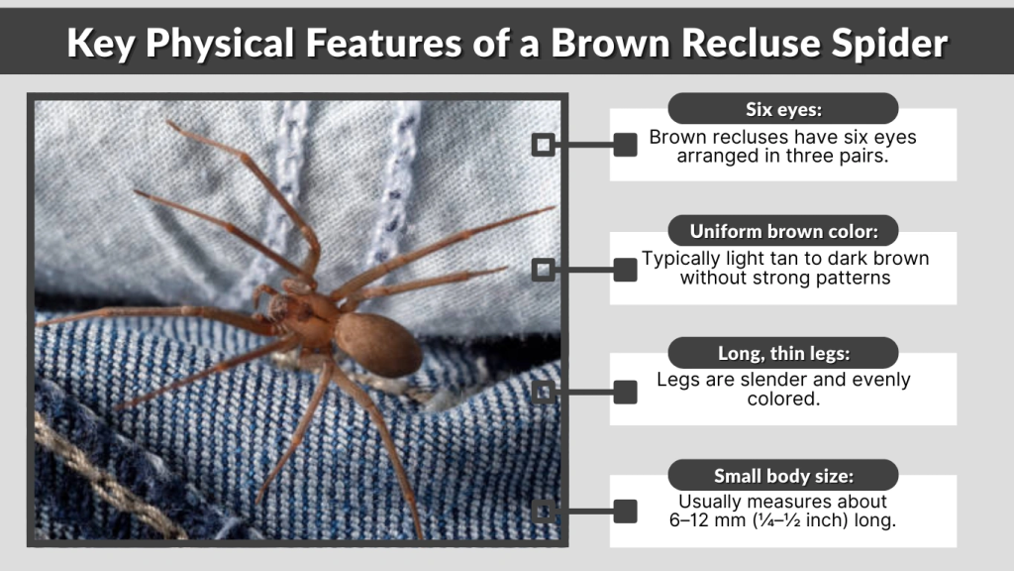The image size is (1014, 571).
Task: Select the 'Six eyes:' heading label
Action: [782, 109]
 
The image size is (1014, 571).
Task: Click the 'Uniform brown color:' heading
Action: [782, 232]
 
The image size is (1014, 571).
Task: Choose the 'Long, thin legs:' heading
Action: [782, 353]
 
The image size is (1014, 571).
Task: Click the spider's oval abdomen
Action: [378, 343]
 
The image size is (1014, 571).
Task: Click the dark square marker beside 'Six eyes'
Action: [625, 145]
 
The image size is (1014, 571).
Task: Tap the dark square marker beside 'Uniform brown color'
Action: [625, 269]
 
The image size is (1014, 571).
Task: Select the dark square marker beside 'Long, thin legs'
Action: [625, 391]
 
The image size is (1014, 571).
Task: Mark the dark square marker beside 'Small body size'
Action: [625, 512]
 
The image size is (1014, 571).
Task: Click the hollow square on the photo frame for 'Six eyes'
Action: [543, 145]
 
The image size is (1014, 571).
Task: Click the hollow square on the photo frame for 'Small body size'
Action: [543, 512]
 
